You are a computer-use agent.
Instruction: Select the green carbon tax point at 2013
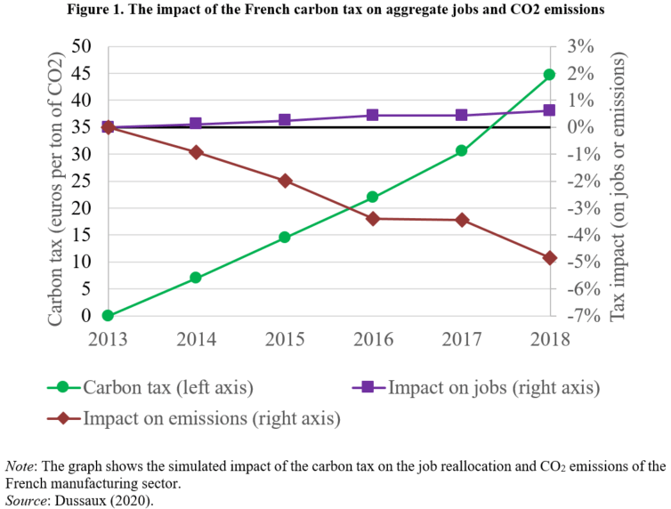pyautogui.click(x=108, y=315)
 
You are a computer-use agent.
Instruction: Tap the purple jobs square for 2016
pyautogui.click(x=373, y=115)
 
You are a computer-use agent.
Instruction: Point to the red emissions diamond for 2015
pyautogui.click(x=285, y=181)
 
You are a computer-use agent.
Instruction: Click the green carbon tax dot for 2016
pyautogui.click(x=373, y=197)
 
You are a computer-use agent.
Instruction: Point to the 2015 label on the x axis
pyautogui.click(x=285, y=339)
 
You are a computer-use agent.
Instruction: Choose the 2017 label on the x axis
pyautogui.click(x=461, y=339)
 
